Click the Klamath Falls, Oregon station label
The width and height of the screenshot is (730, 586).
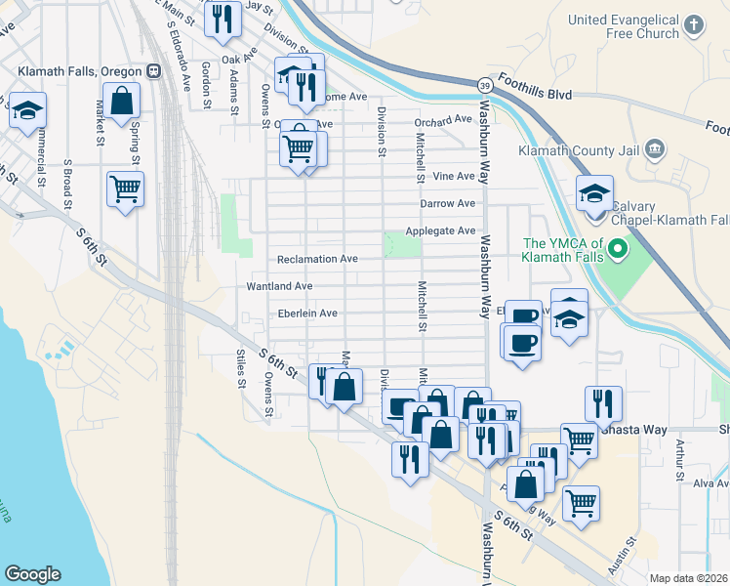(80, 71)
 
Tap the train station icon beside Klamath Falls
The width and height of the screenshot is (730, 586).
(153, 71)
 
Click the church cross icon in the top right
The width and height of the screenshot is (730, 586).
(694, 24)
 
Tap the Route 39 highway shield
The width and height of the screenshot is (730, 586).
(484, 86)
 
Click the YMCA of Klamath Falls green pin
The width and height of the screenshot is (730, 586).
(616, 251)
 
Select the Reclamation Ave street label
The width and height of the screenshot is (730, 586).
(317, 259)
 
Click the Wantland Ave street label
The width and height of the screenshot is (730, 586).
(279, 286)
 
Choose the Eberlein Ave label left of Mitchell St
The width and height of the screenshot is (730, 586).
(307, 314)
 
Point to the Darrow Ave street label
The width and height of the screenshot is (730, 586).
(447, 203)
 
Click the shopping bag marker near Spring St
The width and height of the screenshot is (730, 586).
(121, 100)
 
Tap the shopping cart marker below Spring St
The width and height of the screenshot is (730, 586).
(126, 188)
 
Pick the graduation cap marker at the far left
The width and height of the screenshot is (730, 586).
(27, 110)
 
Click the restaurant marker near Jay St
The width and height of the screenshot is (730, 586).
(223, 20)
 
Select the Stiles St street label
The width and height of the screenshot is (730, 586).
(240, 368)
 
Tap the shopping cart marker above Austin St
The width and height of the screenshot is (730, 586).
(581, 504)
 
